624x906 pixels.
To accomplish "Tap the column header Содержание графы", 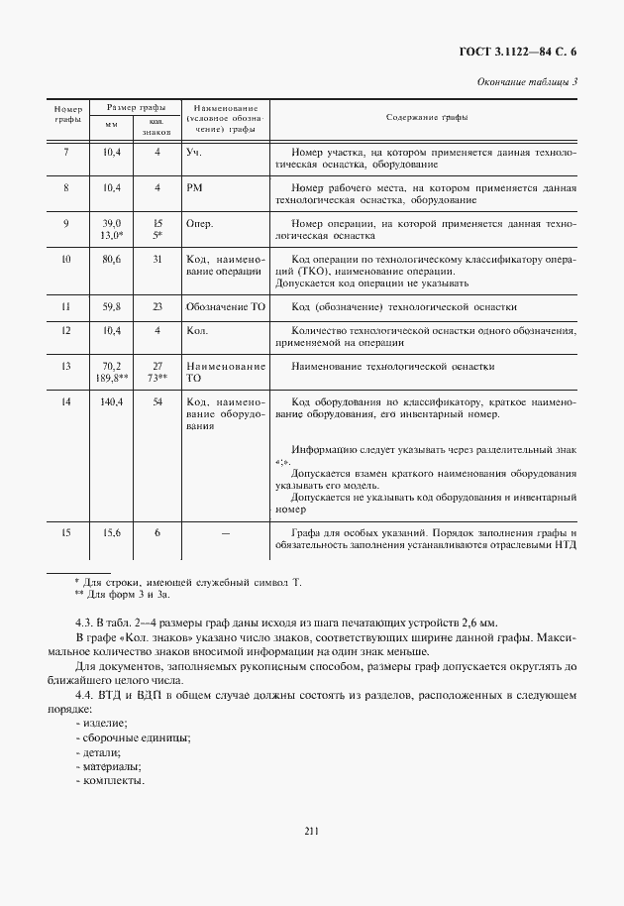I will pos(427,117).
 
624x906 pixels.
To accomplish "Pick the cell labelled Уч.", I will pos(193,152).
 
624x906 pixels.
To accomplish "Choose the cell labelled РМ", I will pos(194,187).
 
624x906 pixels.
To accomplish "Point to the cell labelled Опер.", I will pos(199,224).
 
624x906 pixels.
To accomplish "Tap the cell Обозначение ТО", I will pos(225,307).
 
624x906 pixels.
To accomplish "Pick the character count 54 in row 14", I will pos(157,402).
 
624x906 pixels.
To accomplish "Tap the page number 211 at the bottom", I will pos(311,832).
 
